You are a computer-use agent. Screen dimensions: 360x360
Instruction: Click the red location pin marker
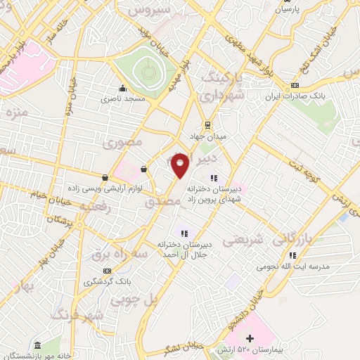point(181,165)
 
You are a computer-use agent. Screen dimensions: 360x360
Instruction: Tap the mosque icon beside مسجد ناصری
point(123,89)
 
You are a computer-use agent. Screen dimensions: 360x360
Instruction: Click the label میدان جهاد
point(205,136)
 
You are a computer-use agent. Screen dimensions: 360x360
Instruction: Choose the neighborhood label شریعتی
point(243,239)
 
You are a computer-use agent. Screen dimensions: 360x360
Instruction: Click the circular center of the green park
point(147,70)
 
